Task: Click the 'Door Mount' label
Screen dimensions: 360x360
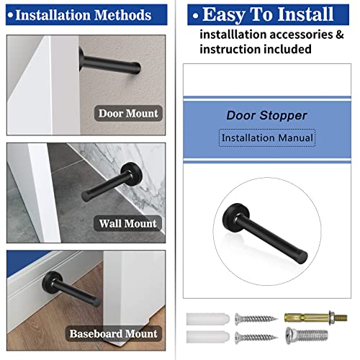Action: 127,113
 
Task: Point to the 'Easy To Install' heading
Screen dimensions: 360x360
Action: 268,14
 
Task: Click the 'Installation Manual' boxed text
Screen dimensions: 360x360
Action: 267,137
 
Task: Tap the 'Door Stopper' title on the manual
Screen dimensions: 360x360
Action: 266,114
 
